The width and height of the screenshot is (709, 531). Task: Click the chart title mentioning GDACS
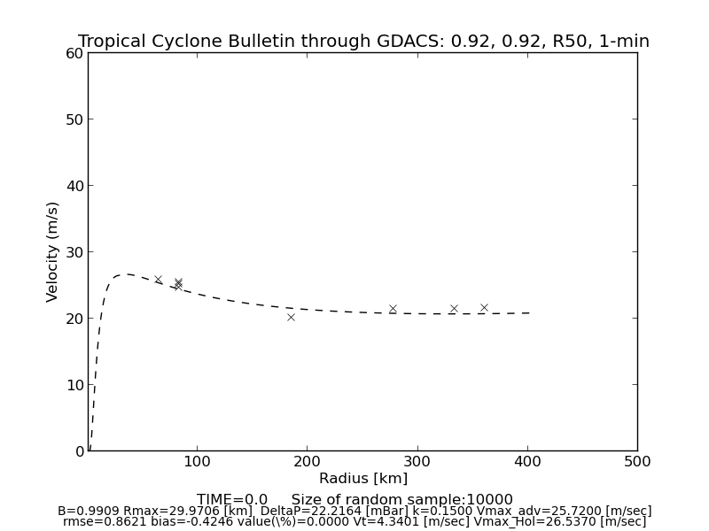coord(363,42)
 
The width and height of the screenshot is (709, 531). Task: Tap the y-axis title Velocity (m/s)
coord(53,251)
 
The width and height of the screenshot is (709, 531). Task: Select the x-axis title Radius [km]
coord(363,479)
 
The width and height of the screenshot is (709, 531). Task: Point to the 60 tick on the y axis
coord(74,53)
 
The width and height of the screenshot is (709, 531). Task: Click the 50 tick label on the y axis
coord(74,119)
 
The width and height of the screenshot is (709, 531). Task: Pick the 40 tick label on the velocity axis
coord(74,186)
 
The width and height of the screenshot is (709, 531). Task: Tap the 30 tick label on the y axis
coord(74,252)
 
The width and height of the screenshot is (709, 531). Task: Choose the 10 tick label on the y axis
coord(74,385)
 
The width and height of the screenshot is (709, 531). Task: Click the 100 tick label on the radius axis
coord(197,462)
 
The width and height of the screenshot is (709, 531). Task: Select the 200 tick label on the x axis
coord(307,462)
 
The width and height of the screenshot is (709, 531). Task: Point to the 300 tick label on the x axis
coord(417,462)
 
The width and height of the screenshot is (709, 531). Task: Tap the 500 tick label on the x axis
coord(636,462)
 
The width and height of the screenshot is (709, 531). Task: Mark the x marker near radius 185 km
coord(291,317)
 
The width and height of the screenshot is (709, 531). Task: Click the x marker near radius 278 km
coord(393,309)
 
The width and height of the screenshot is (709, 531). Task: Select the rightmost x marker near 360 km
coord(484,308)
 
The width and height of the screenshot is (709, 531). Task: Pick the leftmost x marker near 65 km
coord(159,280)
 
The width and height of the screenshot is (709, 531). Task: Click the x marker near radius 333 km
coord(454,309)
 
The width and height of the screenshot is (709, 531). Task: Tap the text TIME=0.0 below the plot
coord(232,500)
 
